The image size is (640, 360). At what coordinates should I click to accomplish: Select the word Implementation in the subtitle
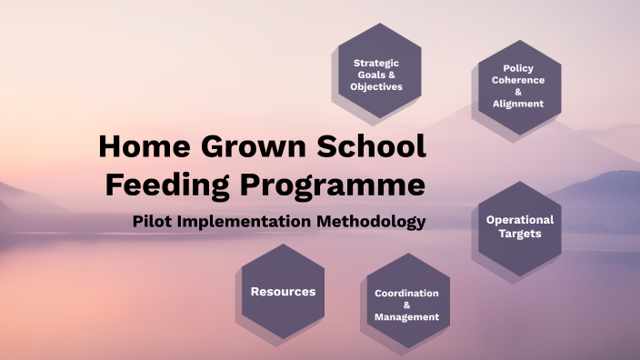(x=246, y=221)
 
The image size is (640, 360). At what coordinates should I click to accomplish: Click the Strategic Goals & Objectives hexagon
(x=375, y=74)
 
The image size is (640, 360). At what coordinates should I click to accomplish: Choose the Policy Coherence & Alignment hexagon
(x=518, y=85)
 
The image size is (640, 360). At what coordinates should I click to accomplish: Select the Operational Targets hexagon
(x=519, y=226)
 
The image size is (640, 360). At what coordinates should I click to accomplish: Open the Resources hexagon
(x=283, y=292)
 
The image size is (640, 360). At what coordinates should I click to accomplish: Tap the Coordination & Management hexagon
(x=406, y=305)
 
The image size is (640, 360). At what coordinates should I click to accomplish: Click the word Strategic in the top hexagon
(x=376, y=63)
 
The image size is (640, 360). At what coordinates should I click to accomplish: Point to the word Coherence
(x=518, y=79)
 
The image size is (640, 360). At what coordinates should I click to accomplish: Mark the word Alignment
(x=518, y=104)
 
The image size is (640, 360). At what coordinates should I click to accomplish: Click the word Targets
(x=519, y=234)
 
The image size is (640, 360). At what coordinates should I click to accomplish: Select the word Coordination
(x=406, y=294)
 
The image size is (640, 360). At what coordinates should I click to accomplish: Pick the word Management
(x=406, y=317)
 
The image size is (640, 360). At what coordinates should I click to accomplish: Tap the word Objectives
(x=376, y=87)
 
